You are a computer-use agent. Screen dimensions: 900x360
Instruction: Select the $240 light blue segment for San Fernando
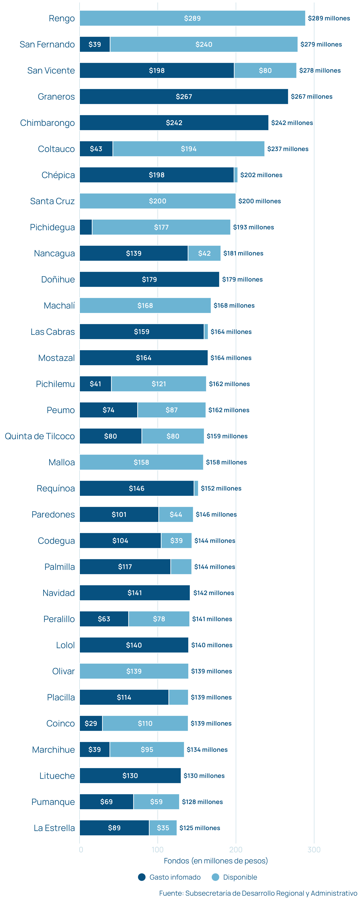(x=204, y=44)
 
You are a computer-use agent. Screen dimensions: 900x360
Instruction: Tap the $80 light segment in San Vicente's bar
(x=265, y=70)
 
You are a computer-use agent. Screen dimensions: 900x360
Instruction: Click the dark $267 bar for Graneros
(x=184, y=96)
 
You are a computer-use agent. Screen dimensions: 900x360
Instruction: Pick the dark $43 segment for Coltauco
(x=96, y=149)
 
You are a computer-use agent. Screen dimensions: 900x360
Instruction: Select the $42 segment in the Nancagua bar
(x=204, y=253)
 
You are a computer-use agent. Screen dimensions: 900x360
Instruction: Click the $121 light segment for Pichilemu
(x=159, y=384)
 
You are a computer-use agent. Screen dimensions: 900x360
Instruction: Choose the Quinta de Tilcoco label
(x=40, y=436)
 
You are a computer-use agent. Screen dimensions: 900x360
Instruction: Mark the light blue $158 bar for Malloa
(x=141, y=462)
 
